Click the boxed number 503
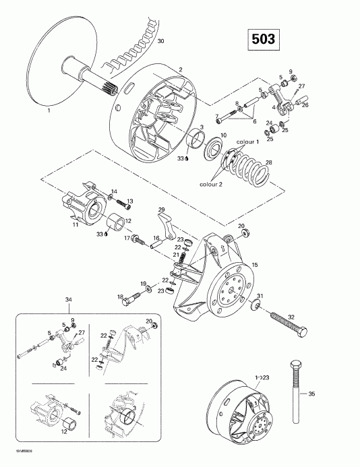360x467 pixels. pyautogui.click(x=262, y=39)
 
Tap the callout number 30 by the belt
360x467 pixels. pyautogui.click(x=160, y=42)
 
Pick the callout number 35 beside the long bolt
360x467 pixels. pyautogui.click(x=330, y=394)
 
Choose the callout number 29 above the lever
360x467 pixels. pyautogui.click(x=160, y=210)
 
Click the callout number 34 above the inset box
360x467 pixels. pyautogui.click(x=67, y=299)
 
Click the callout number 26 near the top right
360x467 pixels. pyautogui.click(x=305, y=105)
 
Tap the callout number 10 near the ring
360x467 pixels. pyautogui.click(x=223, y=136)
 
